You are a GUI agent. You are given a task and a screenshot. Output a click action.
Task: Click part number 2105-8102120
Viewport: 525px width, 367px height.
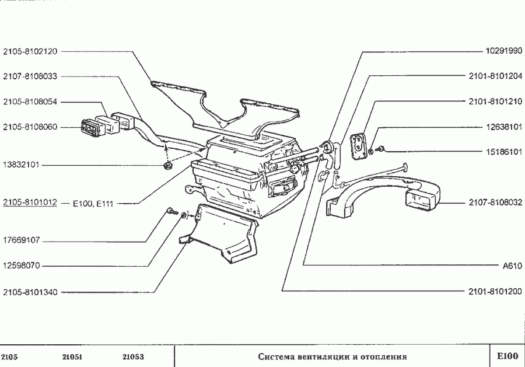[30, 51]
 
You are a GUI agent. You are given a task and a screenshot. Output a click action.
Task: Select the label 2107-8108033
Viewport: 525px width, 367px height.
[30, 76]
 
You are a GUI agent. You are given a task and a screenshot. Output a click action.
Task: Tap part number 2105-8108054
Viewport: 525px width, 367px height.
[30, 102]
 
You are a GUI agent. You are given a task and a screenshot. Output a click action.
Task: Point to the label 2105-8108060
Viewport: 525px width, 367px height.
[30, 127]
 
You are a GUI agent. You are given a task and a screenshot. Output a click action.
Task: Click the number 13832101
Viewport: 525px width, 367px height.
[21, 165]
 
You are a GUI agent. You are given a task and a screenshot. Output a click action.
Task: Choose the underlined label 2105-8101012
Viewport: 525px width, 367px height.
[30, 203]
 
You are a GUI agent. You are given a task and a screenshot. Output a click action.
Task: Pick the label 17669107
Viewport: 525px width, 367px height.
[21, 240]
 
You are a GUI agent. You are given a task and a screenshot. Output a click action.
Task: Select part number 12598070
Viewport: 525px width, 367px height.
[21, 265]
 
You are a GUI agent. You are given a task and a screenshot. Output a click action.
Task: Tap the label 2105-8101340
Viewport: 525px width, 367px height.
[30, 291]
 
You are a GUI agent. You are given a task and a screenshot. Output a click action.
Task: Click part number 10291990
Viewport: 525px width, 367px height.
[504, 51]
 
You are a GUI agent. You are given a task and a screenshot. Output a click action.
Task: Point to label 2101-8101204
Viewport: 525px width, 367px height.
[495, 76]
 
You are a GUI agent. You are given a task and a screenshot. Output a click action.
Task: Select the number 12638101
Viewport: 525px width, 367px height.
[504, 127]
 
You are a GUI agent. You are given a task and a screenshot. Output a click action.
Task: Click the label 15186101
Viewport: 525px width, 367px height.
[504, 152]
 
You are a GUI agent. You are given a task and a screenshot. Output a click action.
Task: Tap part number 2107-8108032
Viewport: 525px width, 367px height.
[495, 203]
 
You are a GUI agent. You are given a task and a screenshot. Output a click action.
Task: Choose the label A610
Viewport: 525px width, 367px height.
[512, 265]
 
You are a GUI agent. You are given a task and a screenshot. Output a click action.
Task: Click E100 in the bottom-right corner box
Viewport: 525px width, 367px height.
[507, 356]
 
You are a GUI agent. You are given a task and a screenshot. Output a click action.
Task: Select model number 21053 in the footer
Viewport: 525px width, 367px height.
[133, 356]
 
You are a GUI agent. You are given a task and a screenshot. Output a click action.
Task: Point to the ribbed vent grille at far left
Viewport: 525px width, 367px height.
[90, 127]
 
